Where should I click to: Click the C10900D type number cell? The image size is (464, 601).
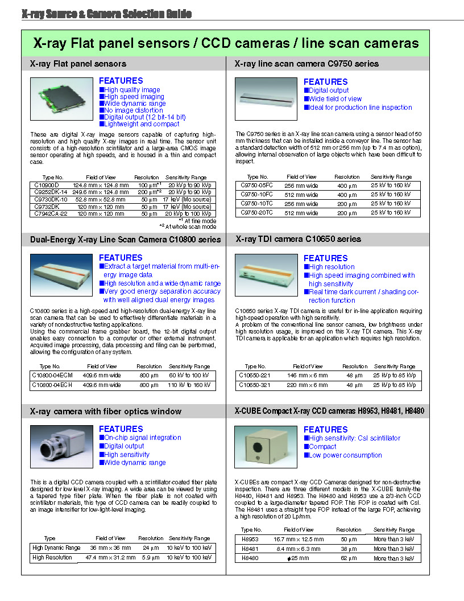click(47, 185)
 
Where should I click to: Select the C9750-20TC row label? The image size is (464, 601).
click(256, 212)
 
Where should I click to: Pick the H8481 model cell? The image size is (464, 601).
click(250, 549)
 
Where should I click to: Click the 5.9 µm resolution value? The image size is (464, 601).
click(151, 558)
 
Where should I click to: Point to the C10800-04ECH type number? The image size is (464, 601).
click(53, 385)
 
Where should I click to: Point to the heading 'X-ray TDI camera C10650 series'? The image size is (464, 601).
click(298, 239)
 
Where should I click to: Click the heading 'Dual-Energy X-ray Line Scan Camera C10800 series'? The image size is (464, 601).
click(125, 240)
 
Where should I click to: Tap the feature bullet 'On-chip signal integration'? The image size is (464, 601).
click(142, 438)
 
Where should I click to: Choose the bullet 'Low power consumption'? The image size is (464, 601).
click(345, 455)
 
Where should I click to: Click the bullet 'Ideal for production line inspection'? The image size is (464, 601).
click(360, 108)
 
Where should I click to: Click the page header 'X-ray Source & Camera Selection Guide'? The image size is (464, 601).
click(106, 14)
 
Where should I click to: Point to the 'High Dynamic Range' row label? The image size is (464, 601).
click(56, 548)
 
